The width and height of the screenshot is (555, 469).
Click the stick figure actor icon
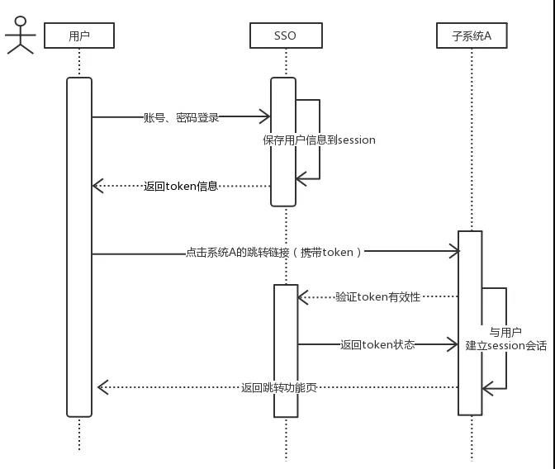[21, 35]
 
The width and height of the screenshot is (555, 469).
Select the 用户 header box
[79, 36]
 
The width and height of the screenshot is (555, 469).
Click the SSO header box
[284, 36]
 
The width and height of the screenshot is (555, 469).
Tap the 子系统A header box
[472, 36]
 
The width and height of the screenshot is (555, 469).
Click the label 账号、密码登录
[182, 117]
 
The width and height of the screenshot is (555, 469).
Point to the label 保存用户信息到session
[319, 140]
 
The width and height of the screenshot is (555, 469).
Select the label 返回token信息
[180, 186]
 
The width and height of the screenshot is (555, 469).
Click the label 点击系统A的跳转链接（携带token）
[274, 252]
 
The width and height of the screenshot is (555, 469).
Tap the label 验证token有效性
[378, 296]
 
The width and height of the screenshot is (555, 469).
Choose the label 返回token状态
[377, 344]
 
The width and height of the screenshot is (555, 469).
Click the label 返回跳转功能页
[279, 386]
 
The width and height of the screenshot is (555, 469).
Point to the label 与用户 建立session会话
[505, 339]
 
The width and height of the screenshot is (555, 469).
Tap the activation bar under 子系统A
[470, 322]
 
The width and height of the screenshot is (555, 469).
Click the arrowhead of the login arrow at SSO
[266, 117]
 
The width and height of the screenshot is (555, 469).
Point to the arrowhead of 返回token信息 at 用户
[97, 186]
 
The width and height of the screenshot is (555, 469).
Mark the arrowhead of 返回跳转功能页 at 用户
[102, 386]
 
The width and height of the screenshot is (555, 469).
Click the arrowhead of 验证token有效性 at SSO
[302, 296]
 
